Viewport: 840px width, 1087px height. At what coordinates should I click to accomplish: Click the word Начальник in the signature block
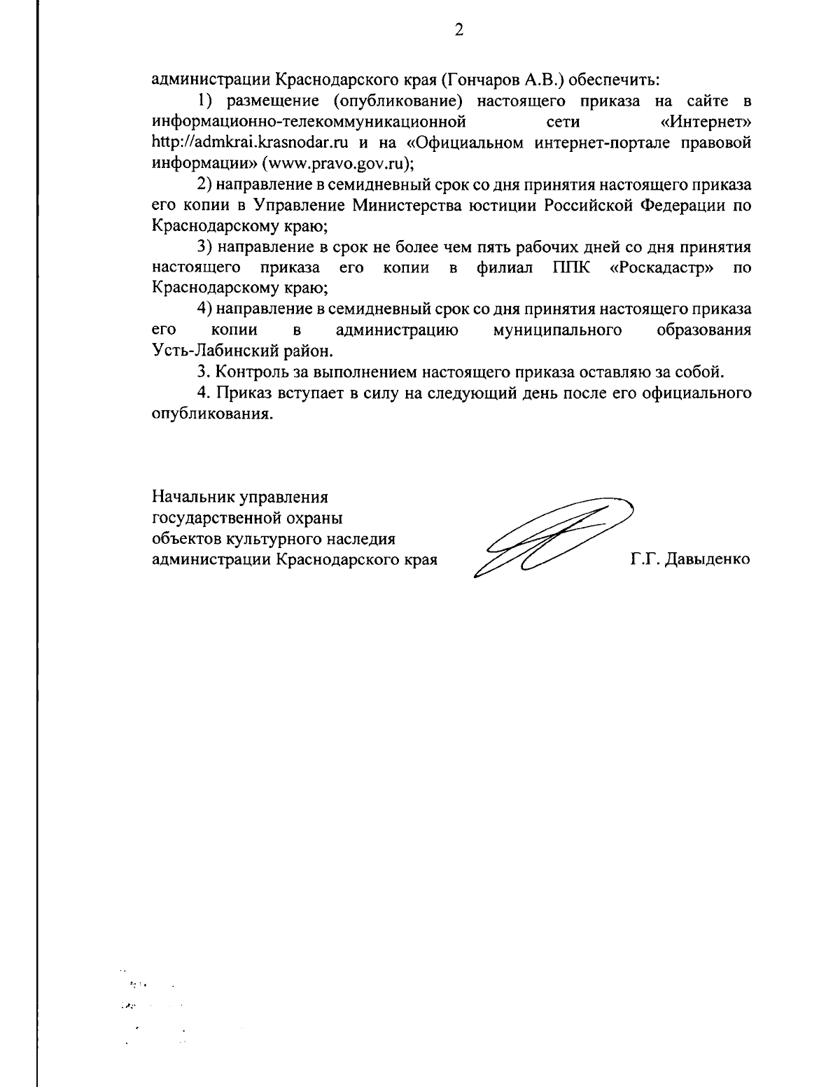(x=194, y=498)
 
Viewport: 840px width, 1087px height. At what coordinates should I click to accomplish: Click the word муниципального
(x=558, y=330)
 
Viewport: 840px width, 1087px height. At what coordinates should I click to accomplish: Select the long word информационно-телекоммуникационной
(x=309, y=122)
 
